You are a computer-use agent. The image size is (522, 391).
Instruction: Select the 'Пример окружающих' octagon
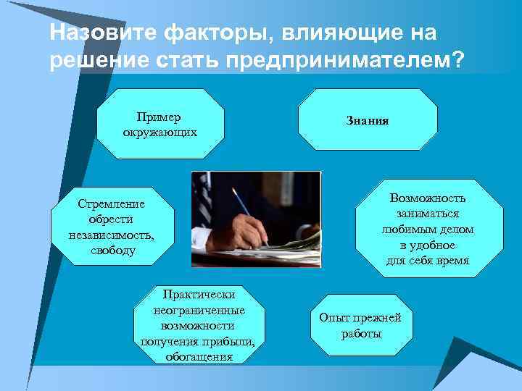pyautogui.click(x=160, y=124)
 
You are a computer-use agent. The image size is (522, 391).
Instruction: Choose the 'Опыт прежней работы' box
pyautogui.click(x=360, y=326)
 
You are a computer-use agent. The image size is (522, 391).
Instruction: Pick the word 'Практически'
pyautogui.click(x=198, y=295)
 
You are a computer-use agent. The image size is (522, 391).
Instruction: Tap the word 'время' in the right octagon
pyautogui.click(x=452, y=261)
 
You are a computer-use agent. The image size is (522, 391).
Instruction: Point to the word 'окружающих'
pyautogui.click(x=160, y=133)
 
